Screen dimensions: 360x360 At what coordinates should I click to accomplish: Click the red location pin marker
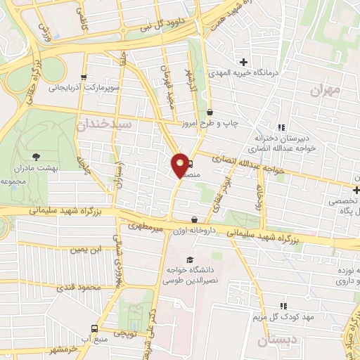pyautogui.click(x=180, y=165)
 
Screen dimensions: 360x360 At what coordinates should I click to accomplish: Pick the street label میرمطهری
pyautogui.click(x=146, y=227)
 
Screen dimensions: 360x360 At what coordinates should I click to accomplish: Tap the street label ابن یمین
pyautogui.click(x=86, y=250)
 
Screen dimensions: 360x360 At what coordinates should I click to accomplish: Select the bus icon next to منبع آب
pyautogui.click(x=94, y=329)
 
